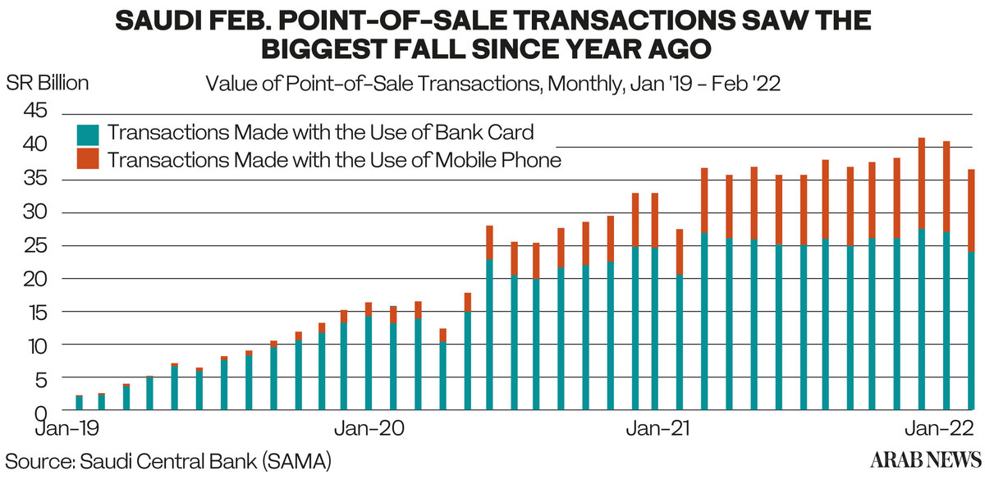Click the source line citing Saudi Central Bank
[x=168, y=459]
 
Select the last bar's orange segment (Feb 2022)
[x=970, y=210]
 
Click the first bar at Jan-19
[x=79, y=402]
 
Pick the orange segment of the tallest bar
[x=922, y=184]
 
